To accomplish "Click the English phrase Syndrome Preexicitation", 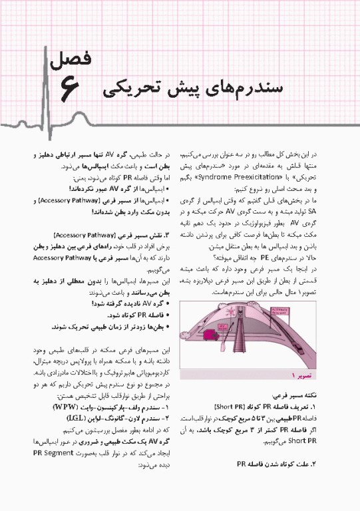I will tap(254, 179).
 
